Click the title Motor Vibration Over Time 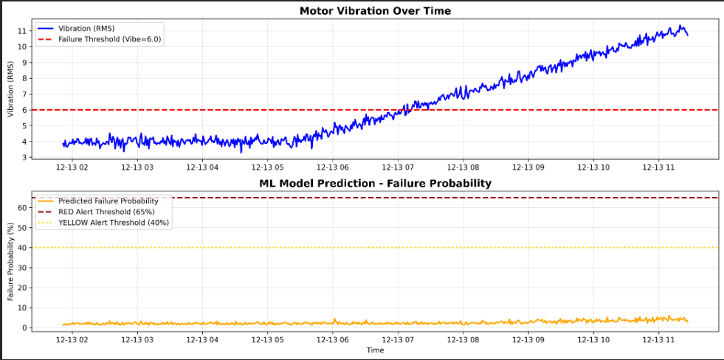tap(375, 10)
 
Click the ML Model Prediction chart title tap(375, 183)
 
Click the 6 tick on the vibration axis tap(24, 110)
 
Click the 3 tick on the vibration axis tap(24, 157)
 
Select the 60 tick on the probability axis tap(21, 208)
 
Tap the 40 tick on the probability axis tap(21, 248)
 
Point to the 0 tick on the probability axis tap(24, 328)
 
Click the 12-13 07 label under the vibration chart tap(398, 167)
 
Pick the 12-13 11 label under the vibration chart tap(656, 167)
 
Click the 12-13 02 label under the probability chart tap(72, 339)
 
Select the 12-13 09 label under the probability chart tap(527, 339)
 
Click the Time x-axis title tap(375, 350)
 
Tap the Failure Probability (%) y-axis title tap(10, 263)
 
